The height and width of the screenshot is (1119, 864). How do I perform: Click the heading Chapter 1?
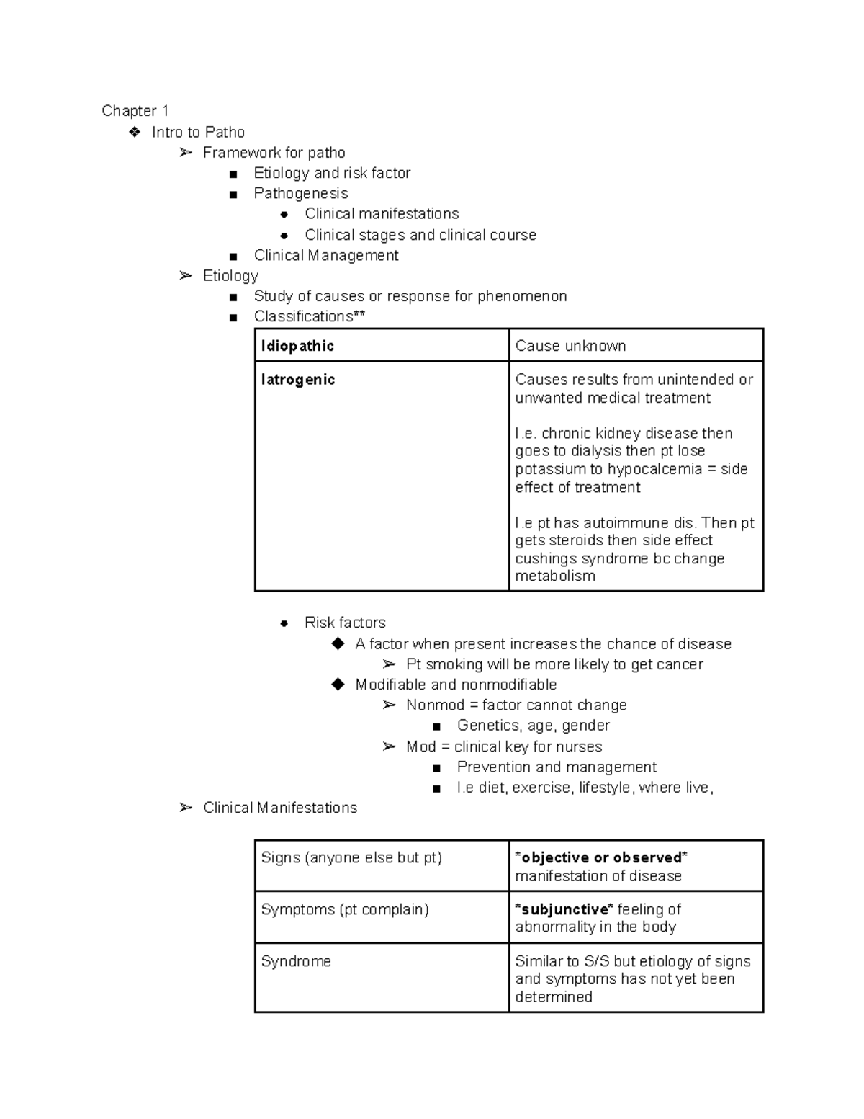tap(135, 111)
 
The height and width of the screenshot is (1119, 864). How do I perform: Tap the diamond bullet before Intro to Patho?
tap(135, 132)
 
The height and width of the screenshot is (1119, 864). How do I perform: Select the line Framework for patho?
tap(274, 153)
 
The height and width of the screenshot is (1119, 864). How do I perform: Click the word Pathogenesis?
tap(300, 193)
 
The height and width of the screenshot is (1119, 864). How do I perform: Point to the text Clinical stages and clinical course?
tap(420, 235)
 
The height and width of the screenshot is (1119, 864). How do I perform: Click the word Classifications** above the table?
tap(309, 316)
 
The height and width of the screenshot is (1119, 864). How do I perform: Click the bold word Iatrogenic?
tap(297, 380)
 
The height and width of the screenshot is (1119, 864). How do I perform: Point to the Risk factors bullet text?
tap(345, 623)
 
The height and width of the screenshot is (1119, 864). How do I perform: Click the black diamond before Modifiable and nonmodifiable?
tap(338, 685)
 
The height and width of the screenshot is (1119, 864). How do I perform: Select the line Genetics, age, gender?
tap(533, 726)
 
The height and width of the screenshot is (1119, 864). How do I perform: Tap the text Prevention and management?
tap(557, 767)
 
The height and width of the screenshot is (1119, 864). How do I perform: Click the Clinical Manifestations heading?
tap(279, 808)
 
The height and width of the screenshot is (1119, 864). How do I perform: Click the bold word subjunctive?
tap(565, 909)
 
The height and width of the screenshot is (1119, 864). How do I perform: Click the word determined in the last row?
tap(554, 997)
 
